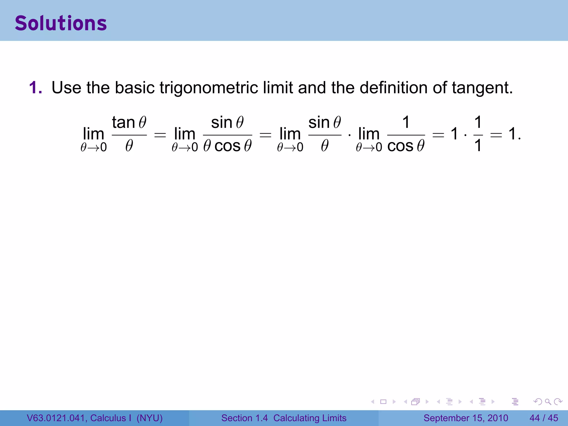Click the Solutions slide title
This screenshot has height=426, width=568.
tap(61, 23)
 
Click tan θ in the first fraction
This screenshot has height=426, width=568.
tap(129, 122)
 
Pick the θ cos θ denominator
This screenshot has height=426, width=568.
tap(227, 146)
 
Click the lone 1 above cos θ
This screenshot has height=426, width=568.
tap(406, 122)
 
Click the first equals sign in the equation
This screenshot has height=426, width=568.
tap(160, 135)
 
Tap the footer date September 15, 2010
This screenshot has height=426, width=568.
tap(466, 418)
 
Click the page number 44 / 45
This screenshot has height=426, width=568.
tap(544, 418)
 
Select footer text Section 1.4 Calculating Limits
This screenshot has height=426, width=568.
tap(284, 418)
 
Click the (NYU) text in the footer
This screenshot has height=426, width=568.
tap(149, 418)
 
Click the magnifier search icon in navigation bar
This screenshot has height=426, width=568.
tap(548, 402)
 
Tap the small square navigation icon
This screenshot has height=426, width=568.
tap(383, 402)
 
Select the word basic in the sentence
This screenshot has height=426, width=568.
tap(135, 88)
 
